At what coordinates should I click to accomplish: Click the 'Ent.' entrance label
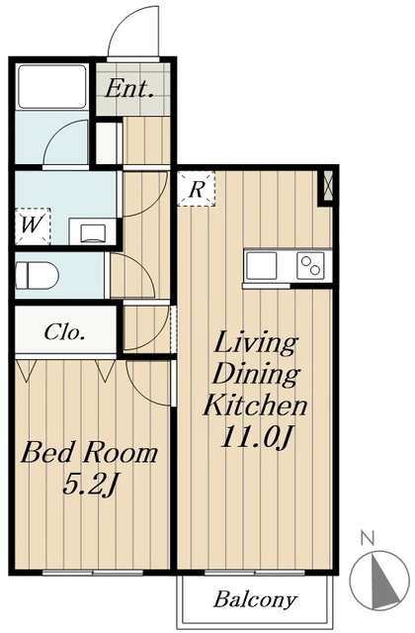[x=129, y=88]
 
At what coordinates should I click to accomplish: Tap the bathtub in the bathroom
[x=52, y=86]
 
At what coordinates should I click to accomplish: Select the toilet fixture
[x=37, y=275]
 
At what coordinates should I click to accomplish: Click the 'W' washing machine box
[x=33, y=226]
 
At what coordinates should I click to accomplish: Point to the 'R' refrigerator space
[x=196, y=189]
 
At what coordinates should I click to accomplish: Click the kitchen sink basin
[x=261, y=265]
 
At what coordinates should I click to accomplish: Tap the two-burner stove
[x=310, y=265]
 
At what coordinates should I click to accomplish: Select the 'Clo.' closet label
[x=64, y=332]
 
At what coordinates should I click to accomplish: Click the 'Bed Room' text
[x=89, y=453]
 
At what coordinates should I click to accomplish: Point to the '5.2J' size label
[x=90, y=485]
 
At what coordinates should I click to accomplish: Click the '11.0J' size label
[x=255, y=436]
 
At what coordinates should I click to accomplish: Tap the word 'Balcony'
[x=255, y=599]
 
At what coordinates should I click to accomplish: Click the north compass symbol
[x=379, y=580]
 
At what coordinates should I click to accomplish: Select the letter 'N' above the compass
[x=368, y=538]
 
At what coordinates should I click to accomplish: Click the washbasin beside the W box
[x=93, y=233]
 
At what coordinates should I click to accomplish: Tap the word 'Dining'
[x=256, y=375]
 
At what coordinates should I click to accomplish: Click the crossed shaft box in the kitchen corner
[x=327, y=187]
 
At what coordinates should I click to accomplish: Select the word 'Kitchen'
[x=255, y=405]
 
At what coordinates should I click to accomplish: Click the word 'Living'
[x=256, y=344]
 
